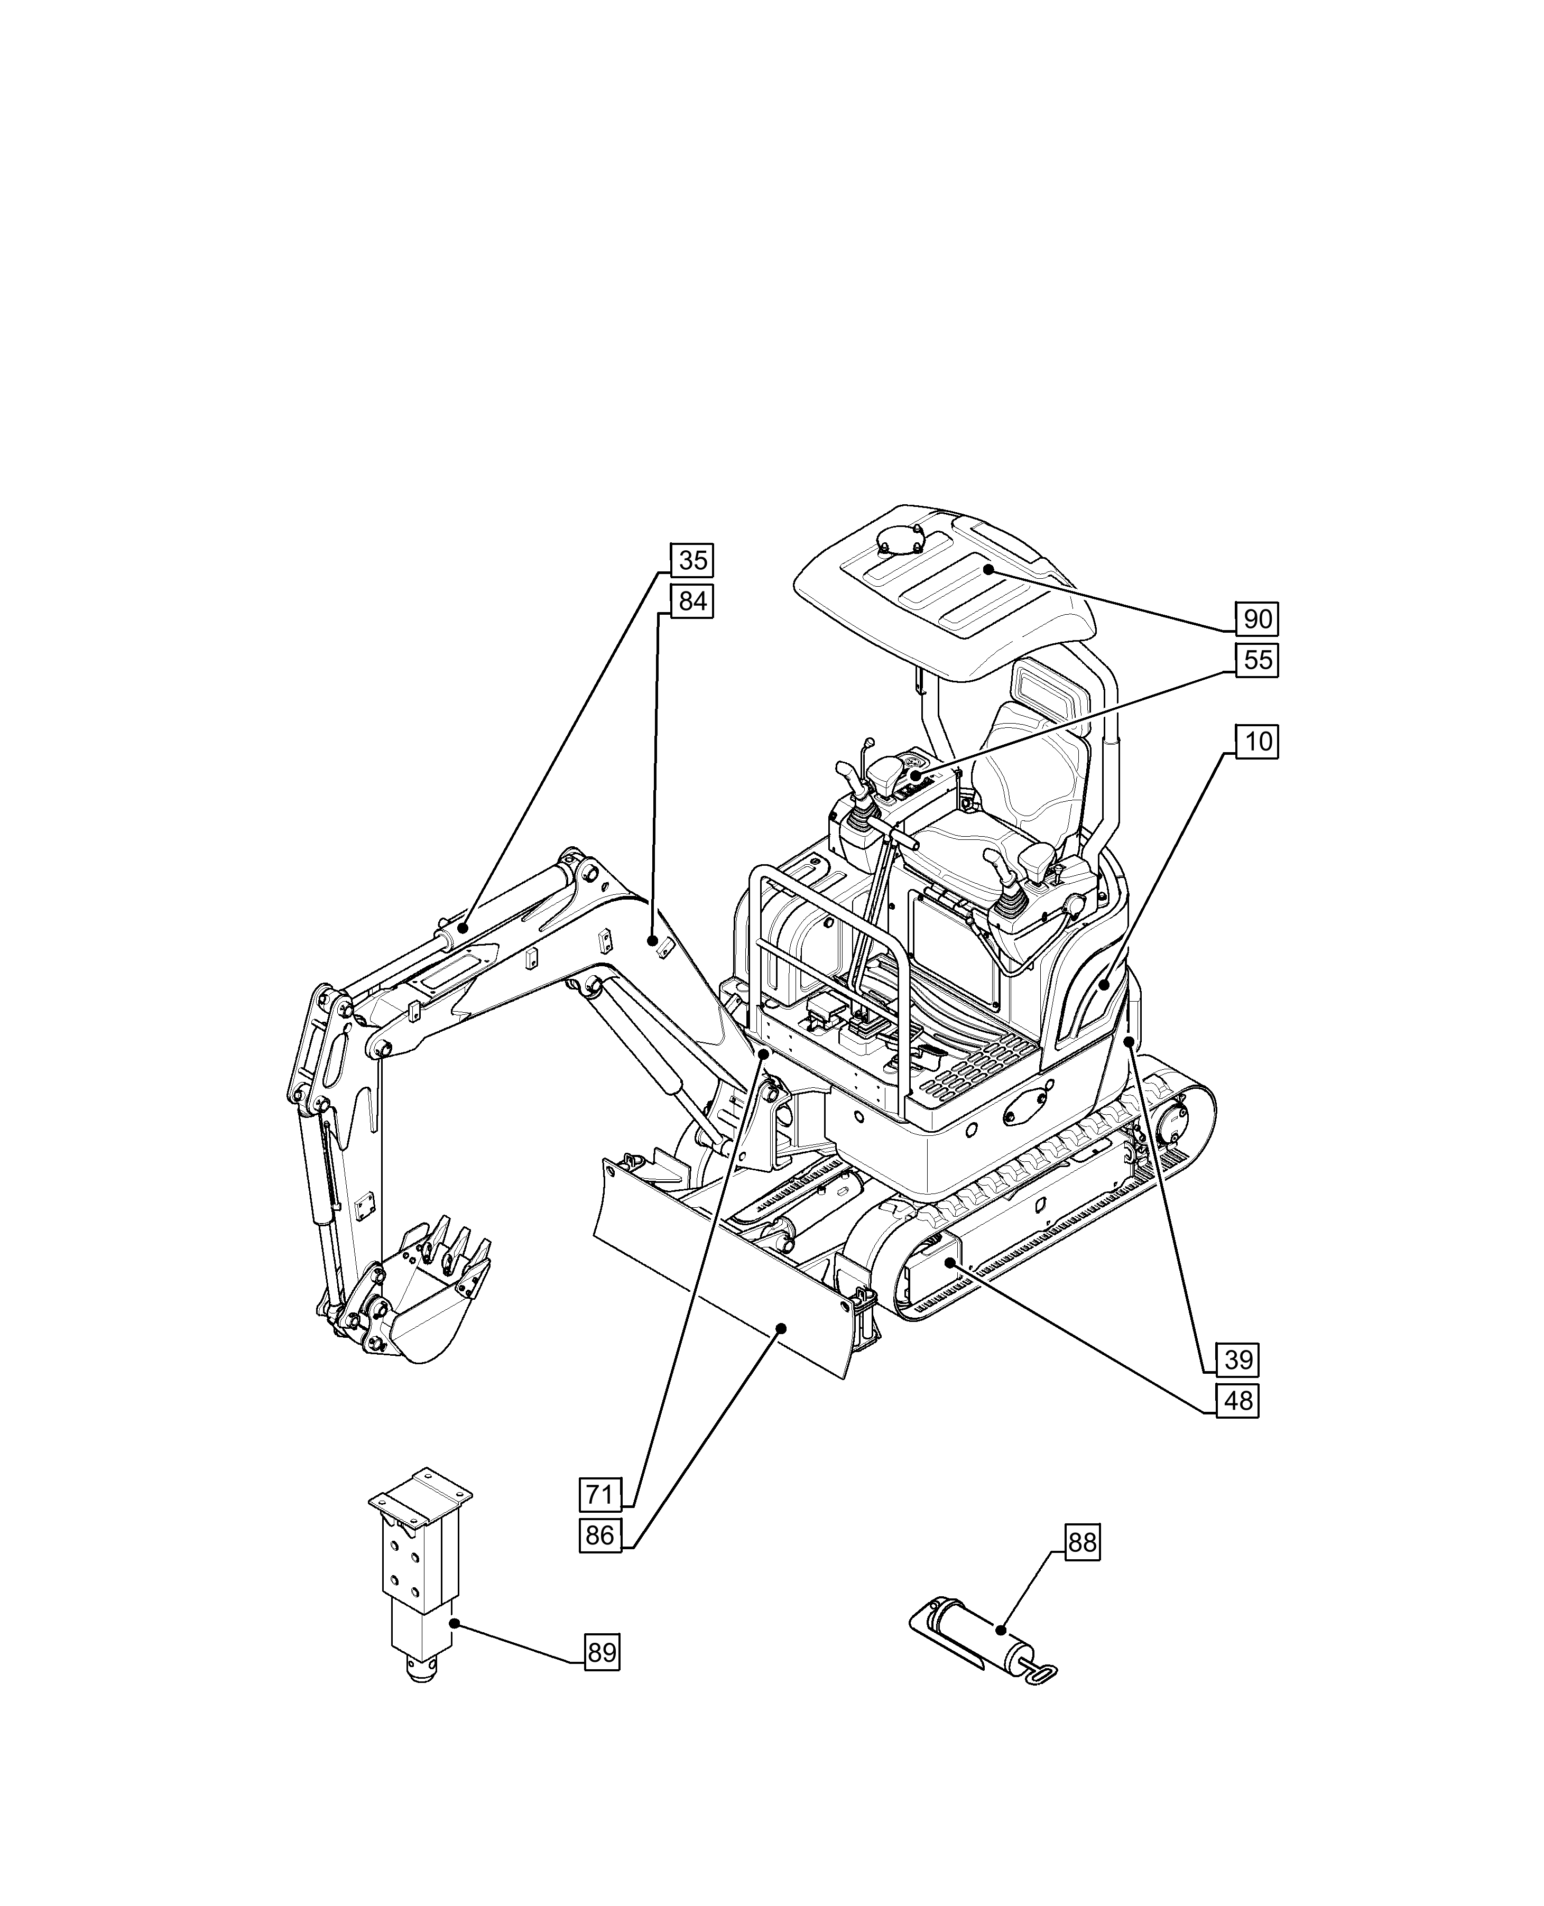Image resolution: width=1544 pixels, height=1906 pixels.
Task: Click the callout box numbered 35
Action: click(692, 560)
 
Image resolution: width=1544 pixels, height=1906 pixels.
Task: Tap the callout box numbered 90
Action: click(1257, 618)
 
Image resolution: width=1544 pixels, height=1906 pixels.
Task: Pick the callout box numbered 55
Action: click(1257, 660)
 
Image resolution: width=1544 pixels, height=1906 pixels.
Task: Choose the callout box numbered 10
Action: click(1257, 741)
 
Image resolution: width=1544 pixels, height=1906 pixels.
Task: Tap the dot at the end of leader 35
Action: click(463, 928)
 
